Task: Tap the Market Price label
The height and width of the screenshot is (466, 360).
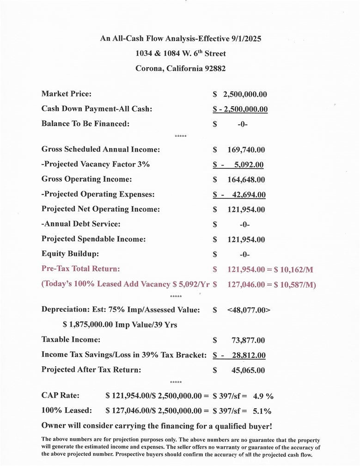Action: [x=67, y=94]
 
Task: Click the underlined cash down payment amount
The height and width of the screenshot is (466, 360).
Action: [x=240, y=109]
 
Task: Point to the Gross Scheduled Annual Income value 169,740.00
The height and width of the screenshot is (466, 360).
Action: [x=246, y=150]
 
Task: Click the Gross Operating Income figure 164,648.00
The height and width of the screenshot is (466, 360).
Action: [x=246, y=179]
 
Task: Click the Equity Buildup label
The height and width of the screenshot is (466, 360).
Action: [x=70, y=254]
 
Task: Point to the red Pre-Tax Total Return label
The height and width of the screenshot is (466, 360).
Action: [x=81, y=269]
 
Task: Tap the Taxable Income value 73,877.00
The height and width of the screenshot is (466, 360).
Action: [x=248, y=340]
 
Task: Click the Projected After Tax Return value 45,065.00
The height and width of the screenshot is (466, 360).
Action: [x=248, y=370]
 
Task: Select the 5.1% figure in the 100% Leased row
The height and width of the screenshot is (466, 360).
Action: [x=262, y=411]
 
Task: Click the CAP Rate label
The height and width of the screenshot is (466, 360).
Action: [x=61, y=396]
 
